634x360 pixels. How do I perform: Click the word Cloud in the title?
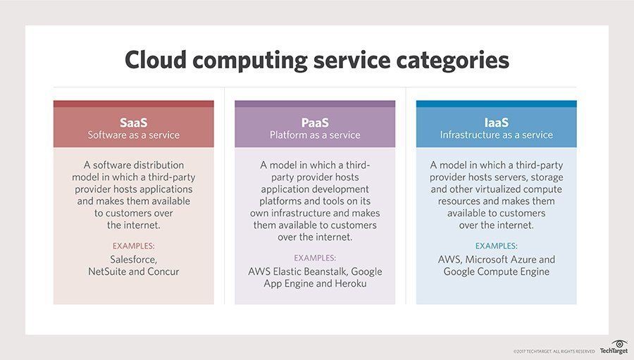coord(155,60)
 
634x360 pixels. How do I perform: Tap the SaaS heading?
coord(133,123)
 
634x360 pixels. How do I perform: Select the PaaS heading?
coord(315,123)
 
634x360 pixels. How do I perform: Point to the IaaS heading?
coord(496,123)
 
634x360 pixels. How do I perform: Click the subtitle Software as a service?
coord(133,135)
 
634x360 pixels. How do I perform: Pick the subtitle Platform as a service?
coord(315,135)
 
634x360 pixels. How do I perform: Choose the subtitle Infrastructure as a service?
coord(496,135)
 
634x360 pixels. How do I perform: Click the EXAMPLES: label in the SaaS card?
coord(133,246)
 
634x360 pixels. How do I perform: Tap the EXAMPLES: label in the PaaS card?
coord(315,258)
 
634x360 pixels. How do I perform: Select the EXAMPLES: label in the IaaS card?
coord(496,246)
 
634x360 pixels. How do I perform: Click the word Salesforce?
coord(133,260)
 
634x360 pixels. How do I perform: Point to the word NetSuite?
coord(107,271)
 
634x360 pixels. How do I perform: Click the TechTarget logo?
coord(614,347)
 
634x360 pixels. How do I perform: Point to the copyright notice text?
coord(554,352)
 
